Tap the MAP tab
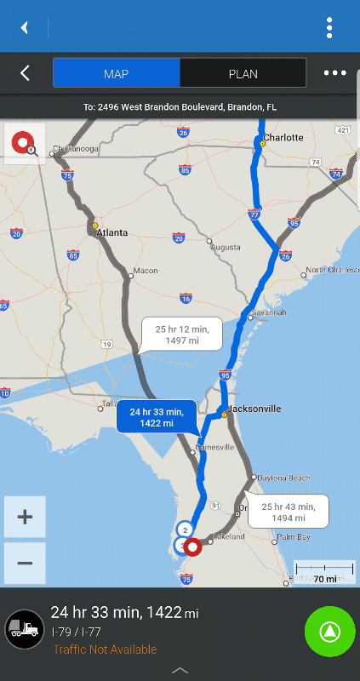[116, 73]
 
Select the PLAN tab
[243, 73]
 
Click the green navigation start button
[329, 631]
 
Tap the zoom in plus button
[25, 517]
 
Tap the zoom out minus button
[25, 563]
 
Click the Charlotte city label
[283, 137]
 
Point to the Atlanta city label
[111, 232]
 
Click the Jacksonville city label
[254, 409]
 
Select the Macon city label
[145, 271]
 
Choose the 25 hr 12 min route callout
[181, 335]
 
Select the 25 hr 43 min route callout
[289, 512]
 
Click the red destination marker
[193, 547]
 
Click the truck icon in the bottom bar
[24, 630]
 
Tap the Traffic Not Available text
[105, 650]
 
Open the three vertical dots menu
[329, 27]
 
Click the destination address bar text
[180, 107]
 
